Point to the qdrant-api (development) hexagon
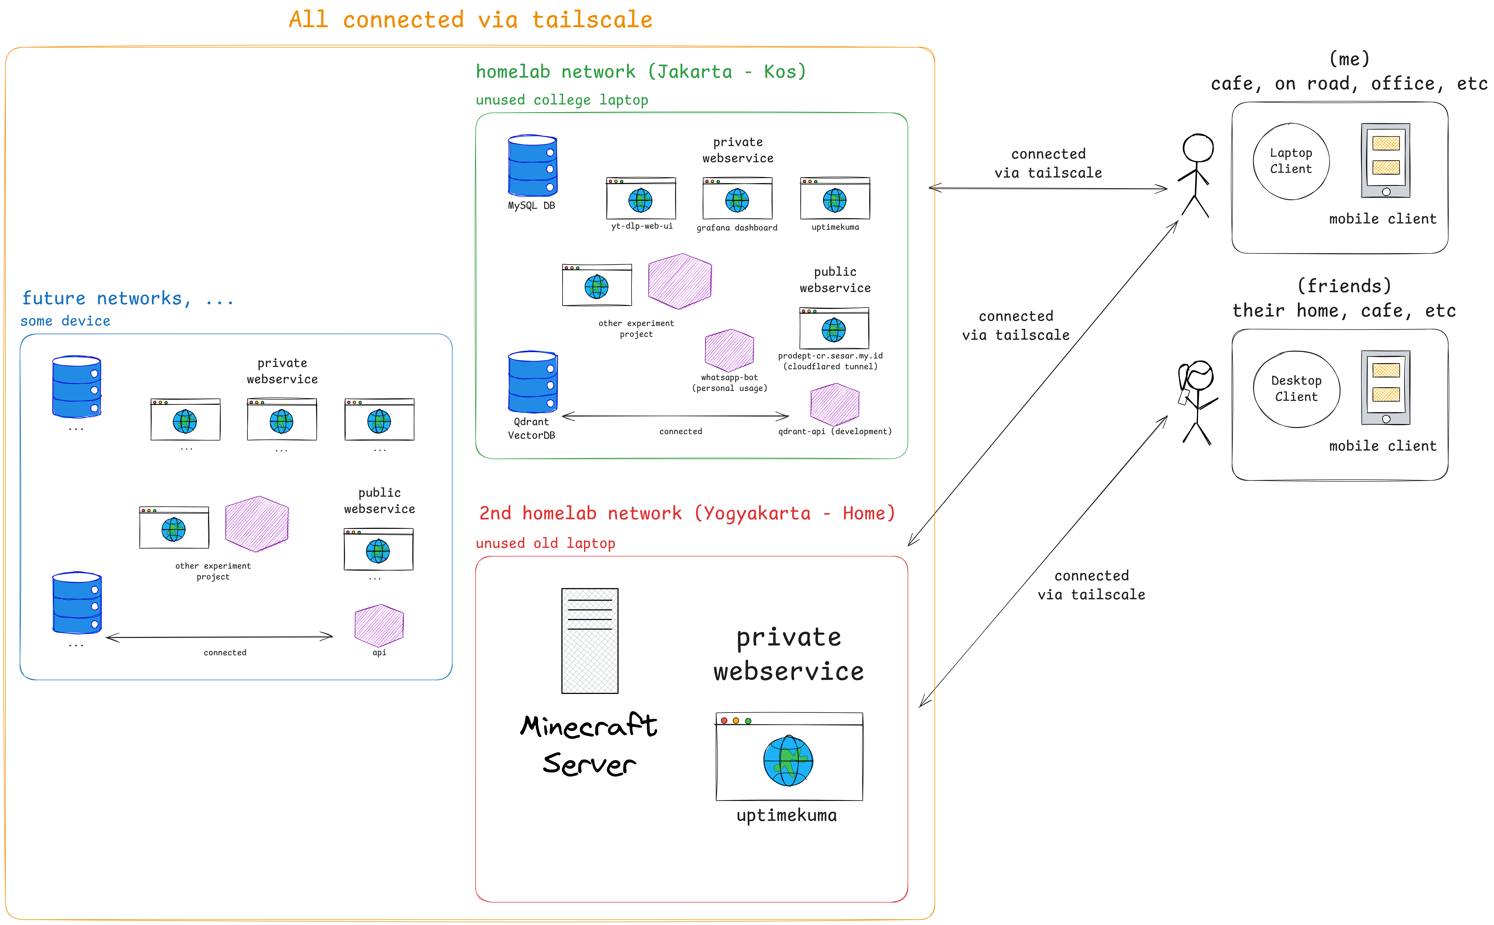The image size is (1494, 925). [x=834, y=404]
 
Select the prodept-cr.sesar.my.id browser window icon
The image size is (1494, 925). [x=834, y=329]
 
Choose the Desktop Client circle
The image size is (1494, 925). [x=1296, y=389]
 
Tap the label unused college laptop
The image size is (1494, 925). [x=562, y=100]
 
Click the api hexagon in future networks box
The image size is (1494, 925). [x=379, y=625]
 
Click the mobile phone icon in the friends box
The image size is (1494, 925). [x=1385, y=387]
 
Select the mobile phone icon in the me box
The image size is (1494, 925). [x=1385, y=160]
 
